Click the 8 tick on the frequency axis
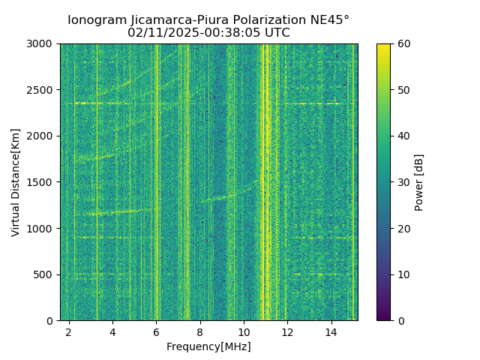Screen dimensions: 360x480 pos(200,331)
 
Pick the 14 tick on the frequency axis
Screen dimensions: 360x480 pos(331,331)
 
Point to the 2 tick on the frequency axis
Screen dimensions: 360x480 pos(69,331)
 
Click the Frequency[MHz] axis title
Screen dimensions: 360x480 pos(208,346)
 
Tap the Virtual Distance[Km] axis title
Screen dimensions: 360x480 pos(16,182)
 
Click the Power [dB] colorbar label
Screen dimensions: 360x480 pos(419,182)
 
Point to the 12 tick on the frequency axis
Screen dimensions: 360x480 pos(287,331)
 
